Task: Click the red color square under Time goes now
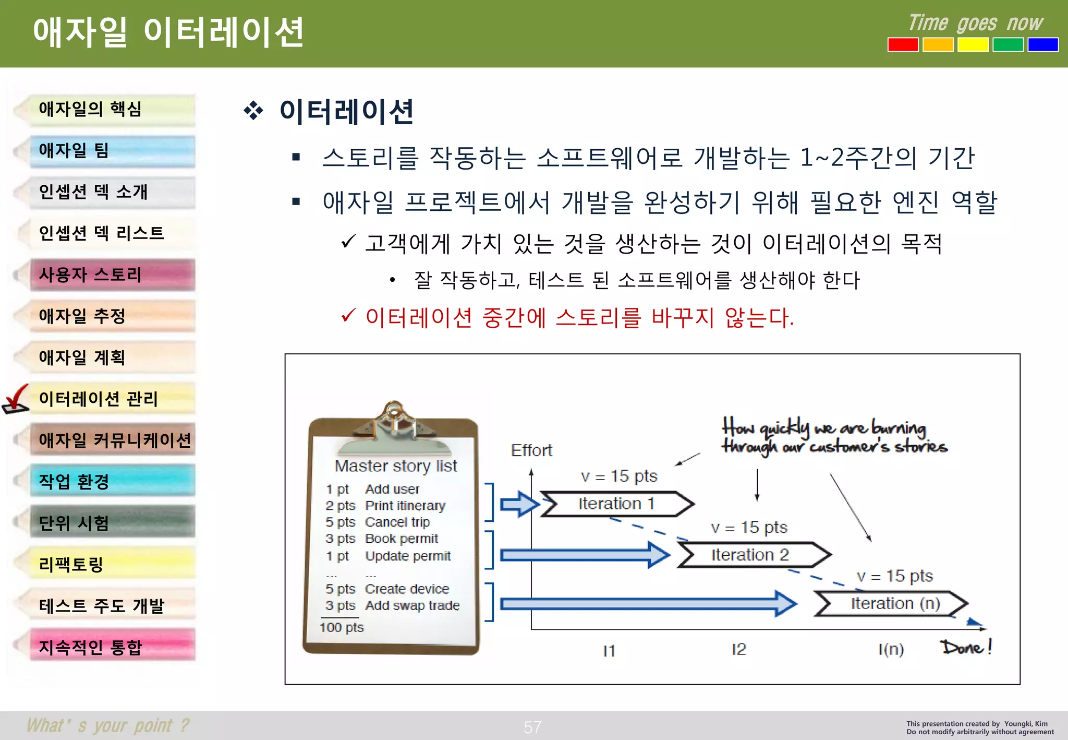pos(903,45)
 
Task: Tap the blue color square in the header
pos(1042,45)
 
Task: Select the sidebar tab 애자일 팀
pos(112,151)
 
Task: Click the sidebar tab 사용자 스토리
pos(112,275)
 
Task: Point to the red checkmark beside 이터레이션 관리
pos(16,400)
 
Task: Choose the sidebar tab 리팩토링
pos(112,565)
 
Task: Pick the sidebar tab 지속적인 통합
pos(112,647)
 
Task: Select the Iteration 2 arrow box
pos(751,555)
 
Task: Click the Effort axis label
pos(531,450)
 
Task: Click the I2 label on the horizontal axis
pos(738,650)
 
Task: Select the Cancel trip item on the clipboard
pos(397,522)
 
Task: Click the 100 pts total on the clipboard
pos(342,627)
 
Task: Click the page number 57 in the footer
pos(532,727)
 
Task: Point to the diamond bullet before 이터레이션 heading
pos(253,111)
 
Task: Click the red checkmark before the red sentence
pos(348,316)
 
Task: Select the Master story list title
pos(395,466)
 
